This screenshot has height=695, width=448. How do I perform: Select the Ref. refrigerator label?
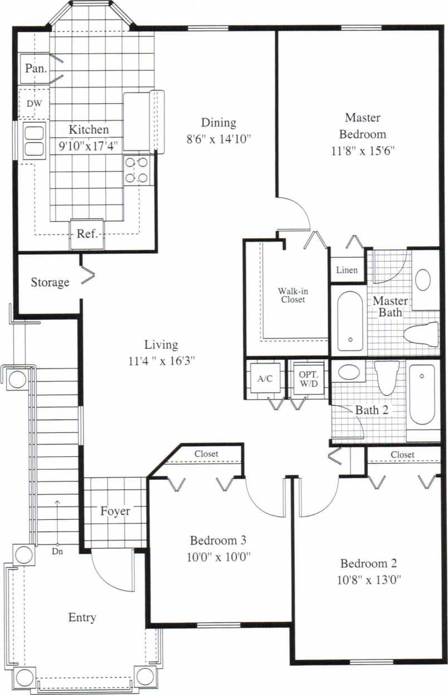pos(87,234)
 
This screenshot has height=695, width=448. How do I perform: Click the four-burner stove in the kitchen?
pos(137,170)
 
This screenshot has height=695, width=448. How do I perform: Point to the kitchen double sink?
pos(33,141)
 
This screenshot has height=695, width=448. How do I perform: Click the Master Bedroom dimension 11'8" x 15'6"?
pos(362,150)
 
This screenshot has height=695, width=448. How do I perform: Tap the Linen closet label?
pos(347,271)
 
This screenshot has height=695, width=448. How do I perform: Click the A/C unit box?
pos(265,379)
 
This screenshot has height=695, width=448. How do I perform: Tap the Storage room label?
pos(50,282)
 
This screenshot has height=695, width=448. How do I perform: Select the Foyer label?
pos(115,511)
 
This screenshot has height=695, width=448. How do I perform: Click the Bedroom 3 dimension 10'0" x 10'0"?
pos(218,556)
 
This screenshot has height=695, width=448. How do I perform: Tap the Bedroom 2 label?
pos(368,563)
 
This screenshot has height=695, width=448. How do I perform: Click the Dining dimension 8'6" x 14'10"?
pos(219,138)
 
